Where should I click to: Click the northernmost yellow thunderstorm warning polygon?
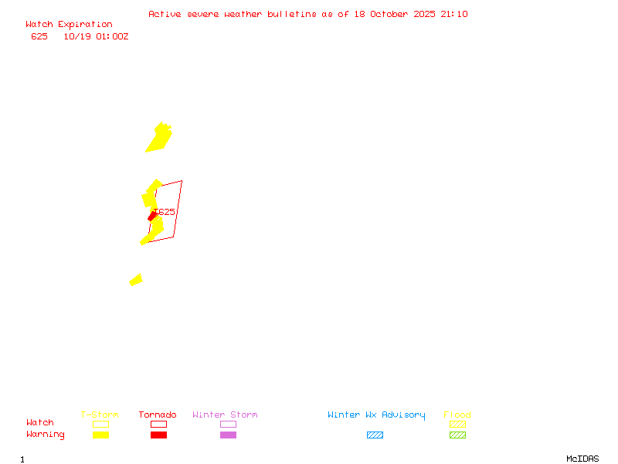[x=160, y=137]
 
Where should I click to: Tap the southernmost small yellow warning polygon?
[x=136, y=280]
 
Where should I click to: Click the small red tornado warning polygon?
[x=153, y=217]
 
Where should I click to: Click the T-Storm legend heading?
[x=100, y=415]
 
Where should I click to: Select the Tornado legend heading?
[x=158, y=415]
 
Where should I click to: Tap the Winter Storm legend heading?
[x=225, y=415]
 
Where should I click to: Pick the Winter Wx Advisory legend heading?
[x=376, y=415]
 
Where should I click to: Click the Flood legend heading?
[x=457, y=415]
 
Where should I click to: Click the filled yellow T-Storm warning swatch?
[x=100, y=435]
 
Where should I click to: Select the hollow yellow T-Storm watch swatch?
[x=100, y=424]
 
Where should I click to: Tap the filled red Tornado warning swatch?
[x=158, y=435]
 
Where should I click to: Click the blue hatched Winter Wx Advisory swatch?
[x=375, y=435]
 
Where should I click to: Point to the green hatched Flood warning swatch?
[x=457, y=435]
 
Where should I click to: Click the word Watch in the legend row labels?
[x=40, y=423]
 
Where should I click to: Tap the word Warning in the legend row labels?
[x=46, y=435]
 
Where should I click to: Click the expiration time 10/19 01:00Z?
[x=96, y=36]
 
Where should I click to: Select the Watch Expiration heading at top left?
[x=69, y=24]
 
